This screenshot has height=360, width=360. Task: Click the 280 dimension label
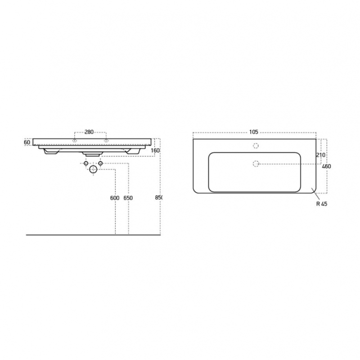(89, 132)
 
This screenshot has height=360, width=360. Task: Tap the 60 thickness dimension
(27, 142)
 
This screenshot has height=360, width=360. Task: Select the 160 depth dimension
(155, 150)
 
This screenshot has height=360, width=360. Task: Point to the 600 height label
(115, 198)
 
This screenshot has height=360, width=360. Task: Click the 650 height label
(128, 198)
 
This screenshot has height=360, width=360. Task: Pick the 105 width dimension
(254, 132)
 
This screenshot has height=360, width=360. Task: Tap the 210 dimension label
(321, 155)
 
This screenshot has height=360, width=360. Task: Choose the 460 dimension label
(327, 166)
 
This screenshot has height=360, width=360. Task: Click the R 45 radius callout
(322, 204)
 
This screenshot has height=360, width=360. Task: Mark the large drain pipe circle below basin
(93, 169)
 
